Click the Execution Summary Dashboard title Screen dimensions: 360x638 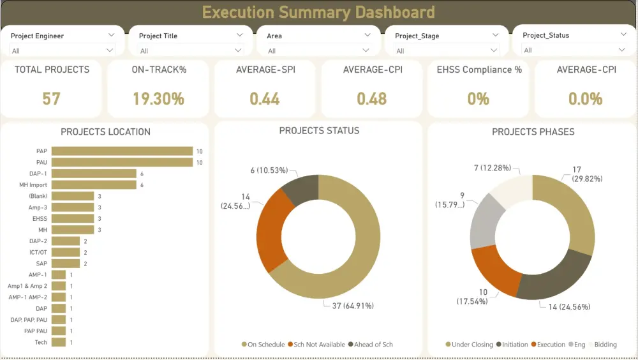318,12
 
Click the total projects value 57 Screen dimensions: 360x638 52,98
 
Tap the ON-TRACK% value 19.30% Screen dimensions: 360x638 158,98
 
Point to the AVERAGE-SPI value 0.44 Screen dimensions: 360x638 265,98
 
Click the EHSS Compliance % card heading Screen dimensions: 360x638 478,70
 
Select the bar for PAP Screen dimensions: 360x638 122,151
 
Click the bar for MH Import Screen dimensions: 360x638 94,185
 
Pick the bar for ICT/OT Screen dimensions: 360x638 66,252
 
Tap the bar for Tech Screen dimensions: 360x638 59,342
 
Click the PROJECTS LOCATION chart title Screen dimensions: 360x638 105,132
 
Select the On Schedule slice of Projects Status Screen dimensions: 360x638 360,255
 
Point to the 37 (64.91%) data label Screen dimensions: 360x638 352,306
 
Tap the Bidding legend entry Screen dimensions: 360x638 605,345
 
